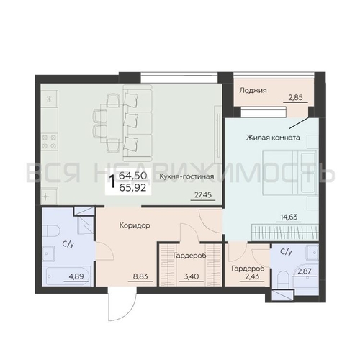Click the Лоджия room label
[253, 91]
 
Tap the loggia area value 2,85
[295, 98]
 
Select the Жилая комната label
[273, 138]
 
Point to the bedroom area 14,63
[289, 217]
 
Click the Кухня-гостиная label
[186, 176]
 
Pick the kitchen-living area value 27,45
[203, 195]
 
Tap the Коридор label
[135, 225]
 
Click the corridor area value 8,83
[140, 276]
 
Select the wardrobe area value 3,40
[192, 276]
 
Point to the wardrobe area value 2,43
[251, 276]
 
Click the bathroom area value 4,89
[76, 276]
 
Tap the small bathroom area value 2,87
[305, 271]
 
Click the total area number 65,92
[132, 188]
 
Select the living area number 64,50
[132, 176]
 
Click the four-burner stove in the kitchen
[49, 142]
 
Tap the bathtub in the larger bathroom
[68, 275]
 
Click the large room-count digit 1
[112, 181]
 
